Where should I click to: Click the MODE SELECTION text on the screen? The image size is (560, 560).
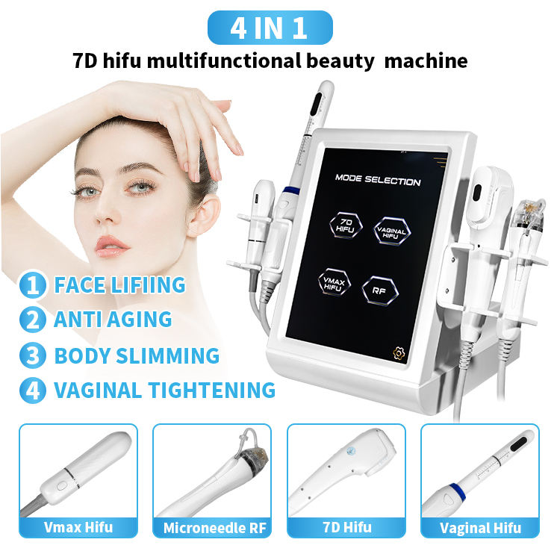(x=377, y=181)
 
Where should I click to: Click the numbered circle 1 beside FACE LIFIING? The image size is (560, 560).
(x=33, y=284)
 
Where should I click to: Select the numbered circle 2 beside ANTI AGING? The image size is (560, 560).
(x=33, y=320)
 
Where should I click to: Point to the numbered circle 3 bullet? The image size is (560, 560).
(x=33, y=355)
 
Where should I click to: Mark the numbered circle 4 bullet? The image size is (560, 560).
(x=33, y=390)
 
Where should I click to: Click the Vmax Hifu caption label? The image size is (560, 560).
(x=78, y=527)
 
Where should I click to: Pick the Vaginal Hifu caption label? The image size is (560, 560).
(x=479, y=527)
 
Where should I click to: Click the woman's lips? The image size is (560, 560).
(x=113, y=245)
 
